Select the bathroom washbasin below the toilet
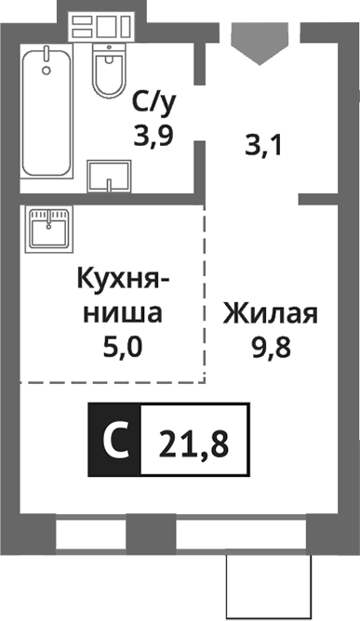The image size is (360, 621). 107,175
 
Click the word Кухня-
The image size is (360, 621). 124,279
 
